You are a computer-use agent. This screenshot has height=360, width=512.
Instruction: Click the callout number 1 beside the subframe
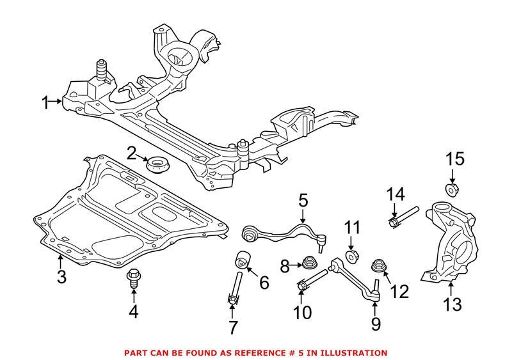click(x=45, y=102)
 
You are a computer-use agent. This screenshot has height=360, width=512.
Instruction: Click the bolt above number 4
click(x=133, y=278)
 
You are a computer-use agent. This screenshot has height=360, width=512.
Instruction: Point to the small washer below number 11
click(x=351, y=257)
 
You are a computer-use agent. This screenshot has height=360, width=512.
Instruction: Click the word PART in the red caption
click(x=136, y=352)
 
